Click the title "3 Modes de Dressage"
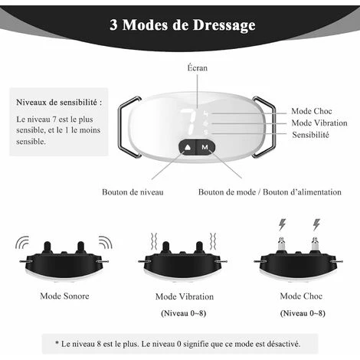click(x=182, y=25)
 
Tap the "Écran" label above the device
click(x=198, y=68)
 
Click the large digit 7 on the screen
click(x=189, y=122)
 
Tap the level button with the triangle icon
click(x=188, y=147)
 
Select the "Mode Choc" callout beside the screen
click(x=312, y=111)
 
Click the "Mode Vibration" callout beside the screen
click(x=319, y=123)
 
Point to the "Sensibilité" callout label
click(x=310, y=135)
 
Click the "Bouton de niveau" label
click(x=133, y=192)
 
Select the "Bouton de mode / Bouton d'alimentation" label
click(x=270, y=192)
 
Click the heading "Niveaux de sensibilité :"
click(x=59, y=103)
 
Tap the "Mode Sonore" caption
click(x=64, y=296)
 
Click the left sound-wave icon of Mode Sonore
click(x=22, y=242)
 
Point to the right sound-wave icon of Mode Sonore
click(x=105, y=242)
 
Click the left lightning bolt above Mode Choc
click(x=282, y=224)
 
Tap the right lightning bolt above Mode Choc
click(x=316, y=224)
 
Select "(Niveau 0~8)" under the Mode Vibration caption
click(x=184, y=313)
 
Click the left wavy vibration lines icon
click(x=154, y=241)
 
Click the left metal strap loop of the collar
click(x=129, y=127)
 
